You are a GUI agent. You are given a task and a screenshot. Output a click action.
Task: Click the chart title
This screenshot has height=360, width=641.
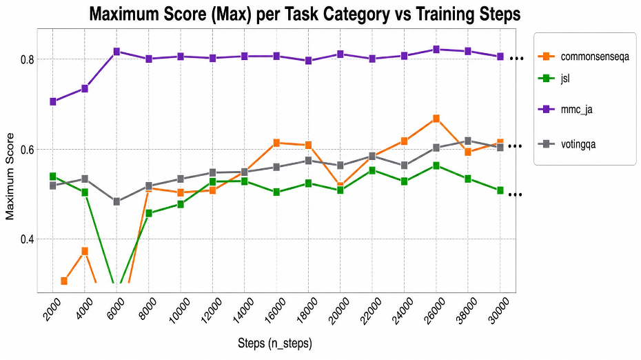[x=305, y=14]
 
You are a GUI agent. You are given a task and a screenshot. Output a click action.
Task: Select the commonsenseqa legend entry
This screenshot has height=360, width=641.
[x=584, y=57]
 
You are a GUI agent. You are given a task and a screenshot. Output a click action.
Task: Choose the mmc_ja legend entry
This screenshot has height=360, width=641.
[x=565, y=109]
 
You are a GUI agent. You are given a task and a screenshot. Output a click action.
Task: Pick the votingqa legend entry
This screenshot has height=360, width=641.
[x=567, y=144]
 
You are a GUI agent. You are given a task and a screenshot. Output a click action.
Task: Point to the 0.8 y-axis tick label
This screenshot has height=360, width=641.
[x=27, y=59]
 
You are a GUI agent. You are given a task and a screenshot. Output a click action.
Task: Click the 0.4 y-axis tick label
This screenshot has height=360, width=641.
[x=27, y=239]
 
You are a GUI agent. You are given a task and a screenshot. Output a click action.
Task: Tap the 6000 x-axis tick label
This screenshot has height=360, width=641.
[x=116, y=310]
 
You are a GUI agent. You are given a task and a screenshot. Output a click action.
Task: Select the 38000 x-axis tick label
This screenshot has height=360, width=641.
[x=467, y=311]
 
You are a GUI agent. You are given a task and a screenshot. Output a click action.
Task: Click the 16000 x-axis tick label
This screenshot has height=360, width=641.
[x=276, y=311]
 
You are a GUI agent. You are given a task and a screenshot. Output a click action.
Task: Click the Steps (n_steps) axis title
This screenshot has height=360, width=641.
[x=275, y=343]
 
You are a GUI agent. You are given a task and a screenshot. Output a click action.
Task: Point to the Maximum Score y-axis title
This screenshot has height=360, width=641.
[x=10, y=177]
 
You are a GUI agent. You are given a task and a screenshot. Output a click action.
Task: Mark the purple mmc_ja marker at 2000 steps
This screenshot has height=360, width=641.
[x=53, y=101]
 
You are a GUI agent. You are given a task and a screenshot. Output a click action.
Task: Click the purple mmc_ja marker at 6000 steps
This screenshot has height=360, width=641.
[x=116, y=52]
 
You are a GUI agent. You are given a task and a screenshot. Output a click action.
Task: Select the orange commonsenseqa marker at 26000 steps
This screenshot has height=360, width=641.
[x=436, y=119]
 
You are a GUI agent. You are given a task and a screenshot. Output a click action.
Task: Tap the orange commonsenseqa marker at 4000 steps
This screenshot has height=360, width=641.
[x=85, y=251]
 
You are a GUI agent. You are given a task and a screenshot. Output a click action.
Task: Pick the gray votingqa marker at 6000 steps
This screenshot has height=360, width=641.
[x=116, y=201]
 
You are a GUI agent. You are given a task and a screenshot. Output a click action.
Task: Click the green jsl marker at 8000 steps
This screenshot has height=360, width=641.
[x=149, y=214]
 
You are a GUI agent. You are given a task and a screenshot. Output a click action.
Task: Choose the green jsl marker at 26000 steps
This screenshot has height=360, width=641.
[x=436, y=166]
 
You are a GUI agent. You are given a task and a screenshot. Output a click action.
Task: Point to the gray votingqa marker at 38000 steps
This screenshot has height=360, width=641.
[x=468, y=141]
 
